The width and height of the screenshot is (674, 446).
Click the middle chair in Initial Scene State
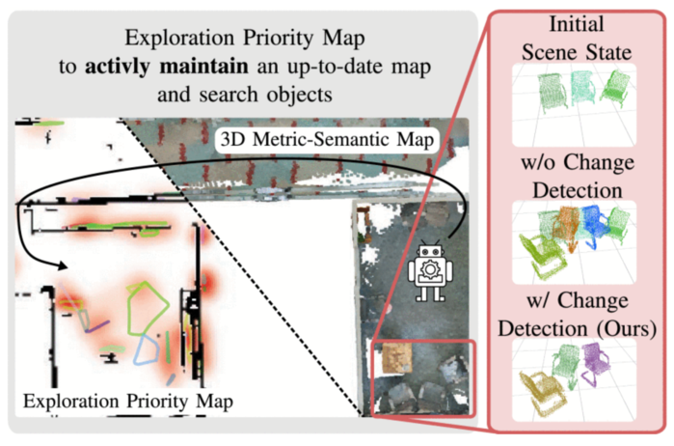[x=581, y=89]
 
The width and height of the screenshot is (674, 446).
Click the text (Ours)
[x=621, y=327]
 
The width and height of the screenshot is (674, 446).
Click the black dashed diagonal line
[x=251, y=270]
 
